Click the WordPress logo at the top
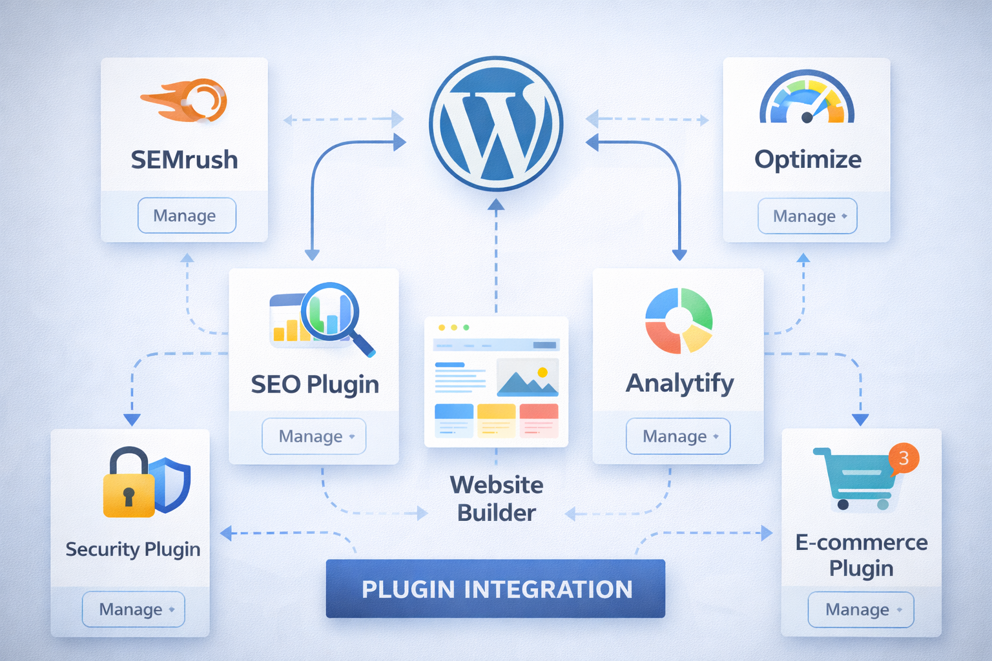496,123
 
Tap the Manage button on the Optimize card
807,216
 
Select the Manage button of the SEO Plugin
314,436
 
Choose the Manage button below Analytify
677,436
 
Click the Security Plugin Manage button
133,609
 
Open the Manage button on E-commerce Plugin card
860,609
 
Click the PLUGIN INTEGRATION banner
495,589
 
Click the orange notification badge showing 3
904,458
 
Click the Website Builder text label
496,498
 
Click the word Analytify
679,383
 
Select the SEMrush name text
184,159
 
